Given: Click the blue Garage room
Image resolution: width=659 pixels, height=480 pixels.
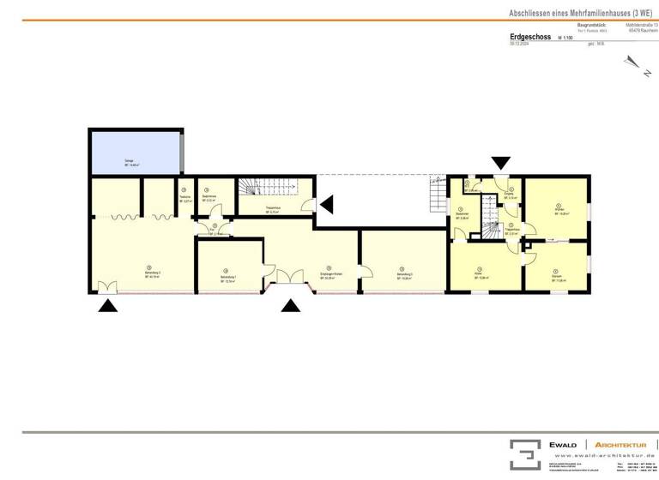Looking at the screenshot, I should point(135,153).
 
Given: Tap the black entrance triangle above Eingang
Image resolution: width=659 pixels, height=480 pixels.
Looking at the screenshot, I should point(500,162).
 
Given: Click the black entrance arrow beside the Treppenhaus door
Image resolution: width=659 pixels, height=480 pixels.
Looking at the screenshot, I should point(327,204).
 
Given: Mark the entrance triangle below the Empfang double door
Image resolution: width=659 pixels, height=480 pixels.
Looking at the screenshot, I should point(293,305).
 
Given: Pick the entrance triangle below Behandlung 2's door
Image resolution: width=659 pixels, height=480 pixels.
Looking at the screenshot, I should point(107,305).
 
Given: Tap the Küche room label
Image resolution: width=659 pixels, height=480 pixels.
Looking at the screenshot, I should point(481,275).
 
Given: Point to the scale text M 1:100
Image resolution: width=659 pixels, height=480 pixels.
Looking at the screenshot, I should point(565,39).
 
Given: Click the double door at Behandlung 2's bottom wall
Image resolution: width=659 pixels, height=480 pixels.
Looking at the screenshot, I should point(107,288).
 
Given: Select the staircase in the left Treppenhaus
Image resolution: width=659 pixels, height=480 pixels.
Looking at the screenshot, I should point(252,186).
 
